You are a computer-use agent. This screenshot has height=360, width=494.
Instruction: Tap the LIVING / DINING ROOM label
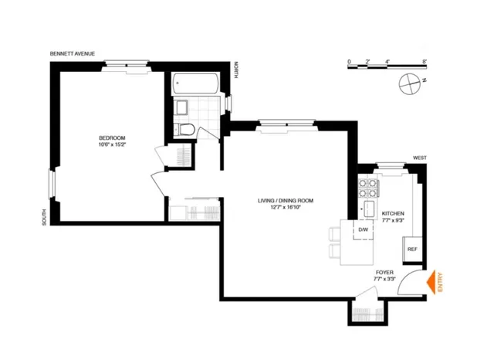290,200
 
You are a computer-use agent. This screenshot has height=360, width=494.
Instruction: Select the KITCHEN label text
392,212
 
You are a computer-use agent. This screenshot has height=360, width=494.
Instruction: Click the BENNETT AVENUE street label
73,54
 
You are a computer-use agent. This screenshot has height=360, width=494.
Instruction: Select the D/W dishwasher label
361,229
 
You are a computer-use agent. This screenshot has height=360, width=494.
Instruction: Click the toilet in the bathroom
186,128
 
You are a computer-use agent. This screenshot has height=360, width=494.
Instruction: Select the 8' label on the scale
425,60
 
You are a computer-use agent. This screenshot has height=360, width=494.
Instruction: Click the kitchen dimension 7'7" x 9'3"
392,221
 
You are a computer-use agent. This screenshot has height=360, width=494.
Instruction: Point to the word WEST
419,158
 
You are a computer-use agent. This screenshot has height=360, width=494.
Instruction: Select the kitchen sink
368,209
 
